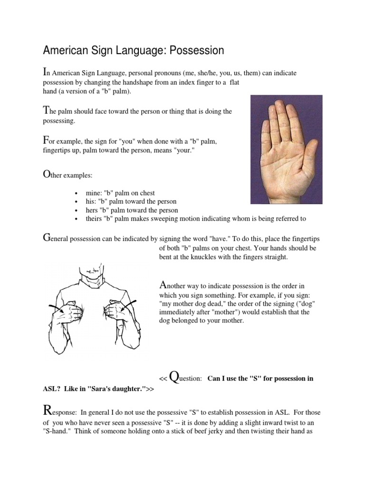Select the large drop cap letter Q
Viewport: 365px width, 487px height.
tap(174, 377)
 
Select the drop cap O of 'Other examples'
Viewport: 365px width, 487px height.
tap(48, 175)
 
